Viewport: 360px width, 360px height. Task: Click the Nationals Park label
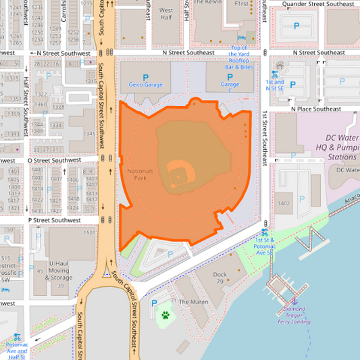(140, 174)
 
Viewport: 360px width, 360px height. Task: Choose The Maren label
(195, 302)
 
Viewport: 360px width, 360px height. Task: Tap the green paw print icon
(165, 315)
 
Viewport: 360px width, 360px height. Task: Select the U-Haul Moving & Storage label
(60, 271)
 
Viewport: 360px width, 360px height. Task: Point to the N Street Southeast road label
(188, 53)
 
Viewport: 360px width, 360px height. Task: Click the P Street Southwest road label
(54, 220)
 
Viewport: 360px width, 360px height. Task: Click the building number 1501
(89, 232)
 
